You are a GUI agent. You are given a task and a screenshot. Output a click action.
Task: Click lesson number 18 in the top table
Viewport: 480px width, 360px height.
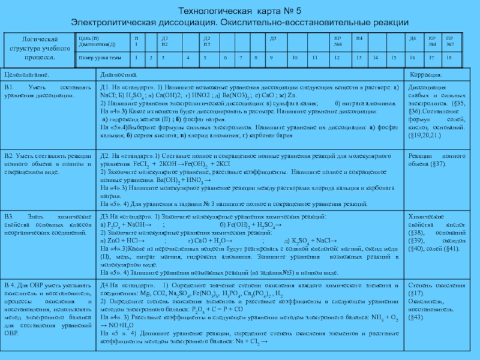pyautogui.click(x=448, y=58)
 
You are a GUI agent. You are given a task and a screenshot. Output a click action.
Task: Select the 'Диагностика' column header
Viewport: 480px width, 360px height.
pyautogui.click(x=118, y=76)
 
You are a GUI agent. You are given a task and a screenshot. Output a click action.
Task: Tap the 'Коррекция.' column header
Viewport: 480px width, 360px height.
pyautogui.click(x=426, y=76)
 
